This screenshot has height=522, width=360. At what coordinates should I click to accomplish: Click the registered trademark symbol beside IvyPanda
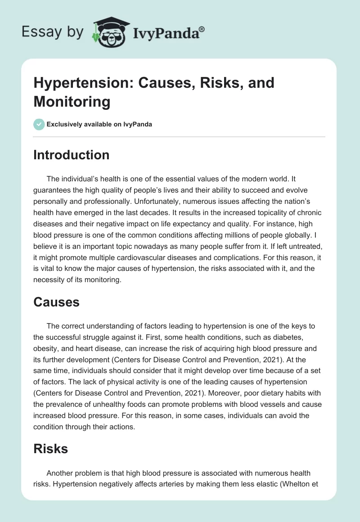pyautogui.click(x=202, y=29)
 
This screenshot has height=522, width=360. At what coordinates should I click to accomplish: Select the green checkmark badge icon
pyautogui.click(x=39, y=125)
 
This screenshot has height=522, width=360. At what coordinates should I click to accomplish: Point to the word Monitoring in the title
pyautogui.click(x=72, y=102)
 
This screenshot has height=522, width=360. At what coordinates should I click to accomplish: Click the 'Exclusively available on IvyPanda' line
pyautogui.click(x=99, y=125)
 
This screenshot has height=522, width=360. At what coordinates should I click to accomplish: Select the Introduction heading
pyautogui.click(x=72, y=155)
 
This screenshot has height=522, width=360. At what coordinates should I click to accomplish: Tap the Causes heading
pyautogui.click(x=57, y=302)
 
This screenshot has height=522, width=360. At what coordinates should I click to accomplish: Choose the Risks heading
pyautogui.click(x=51, y=449)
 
